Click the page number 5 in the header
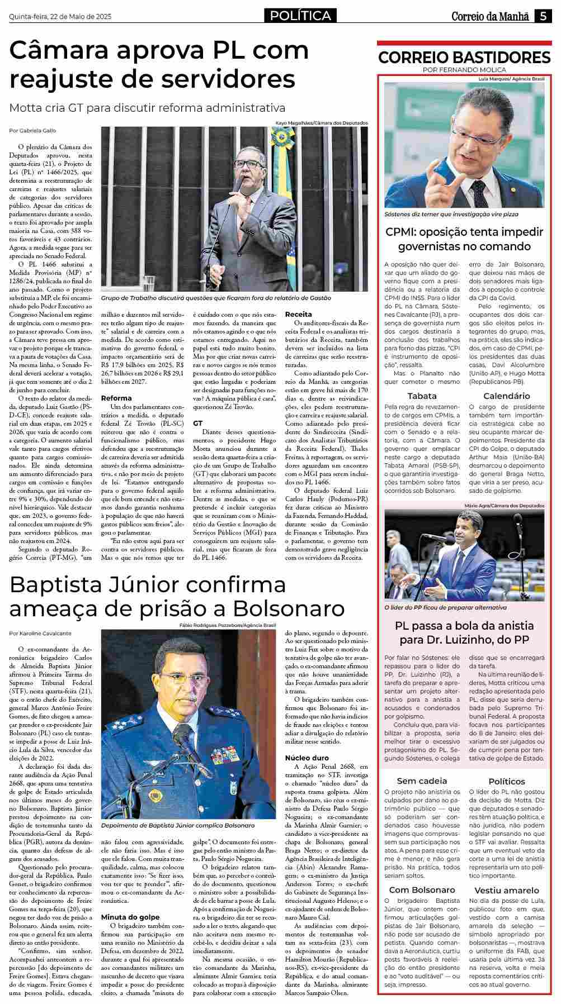tap(543, 16)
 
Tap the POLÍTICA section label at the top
tap(300, 16)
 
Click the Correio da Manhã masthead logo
tap(490, 16)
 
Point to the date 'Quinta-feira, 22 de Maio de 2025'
tap(60, 17)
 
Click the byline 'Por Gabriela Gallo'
tap(32, 131)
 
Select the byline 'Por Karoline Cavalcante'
tap(40, 634)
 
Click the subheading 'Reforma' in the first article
tap(116, 398)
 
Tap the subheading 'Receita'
tap(299, 315)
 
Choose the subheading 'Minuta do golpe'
tap(130, 917)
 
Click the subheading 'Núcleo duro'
tap(307, 758)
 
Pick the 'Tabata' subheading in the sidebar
tap(422, 396)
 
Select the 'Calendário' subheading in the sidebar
tap(507, 396)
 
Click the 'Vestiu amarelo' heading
tap(507, 891)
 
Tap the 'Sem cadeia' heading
tap(422, 781)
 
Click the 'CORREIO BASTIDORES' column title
tap(464, 58)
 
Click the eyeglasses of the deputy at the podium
tap(249, 164)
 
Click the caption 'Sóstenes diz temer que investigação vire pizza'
tap(451, 214)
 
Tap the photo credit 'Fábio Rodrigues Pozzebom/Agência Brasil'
tap(228, 625)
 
